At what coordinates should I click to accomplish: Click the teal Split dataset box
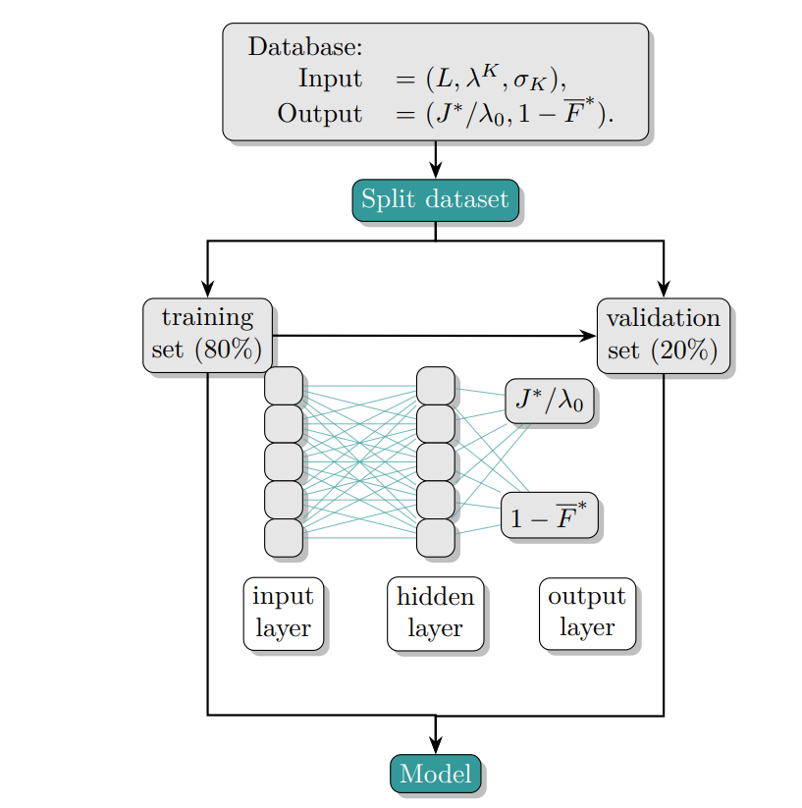(x=435, y=200)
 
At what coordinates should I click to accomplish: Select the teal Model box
(x=435, y=774)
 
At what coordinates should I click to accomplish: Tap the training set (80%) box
(x=207, y=335)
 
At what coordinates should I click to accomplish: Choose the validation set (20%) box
(x=663, y=335)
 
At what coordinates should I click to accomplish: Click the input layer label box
(x=283, y=614)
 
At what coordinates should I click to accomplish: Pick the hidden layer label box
(x=435, y=614)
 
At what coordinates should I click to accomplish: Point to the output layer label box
(x=587, y=614)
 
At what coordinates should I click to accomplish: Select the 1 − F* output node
(x=549, y=516)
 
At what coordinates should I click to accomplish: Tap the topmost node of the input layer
(x=283, y=386)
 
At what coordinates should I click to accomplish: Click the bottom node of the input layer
(x=283, y=537)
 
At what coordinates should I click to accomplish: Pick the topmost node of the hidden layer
(x=435, y=386)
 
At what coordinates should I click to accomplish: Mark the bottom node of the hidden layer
(x=435, y=537)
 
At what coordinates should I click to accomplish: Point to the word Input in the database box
(x=330, y=79)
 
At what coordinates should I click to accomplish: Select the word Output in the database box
(x=319, y=113)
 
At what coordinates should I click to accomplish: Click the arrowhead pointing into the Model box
(x=435, y=747)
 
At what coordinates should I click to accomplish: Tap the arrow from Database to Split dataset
(x=435, y=160)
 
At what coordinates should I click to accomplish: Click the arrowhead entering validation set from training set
(x=588, y=336)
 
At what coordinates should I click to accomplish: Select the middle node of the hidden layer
(x=435, y=461)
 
